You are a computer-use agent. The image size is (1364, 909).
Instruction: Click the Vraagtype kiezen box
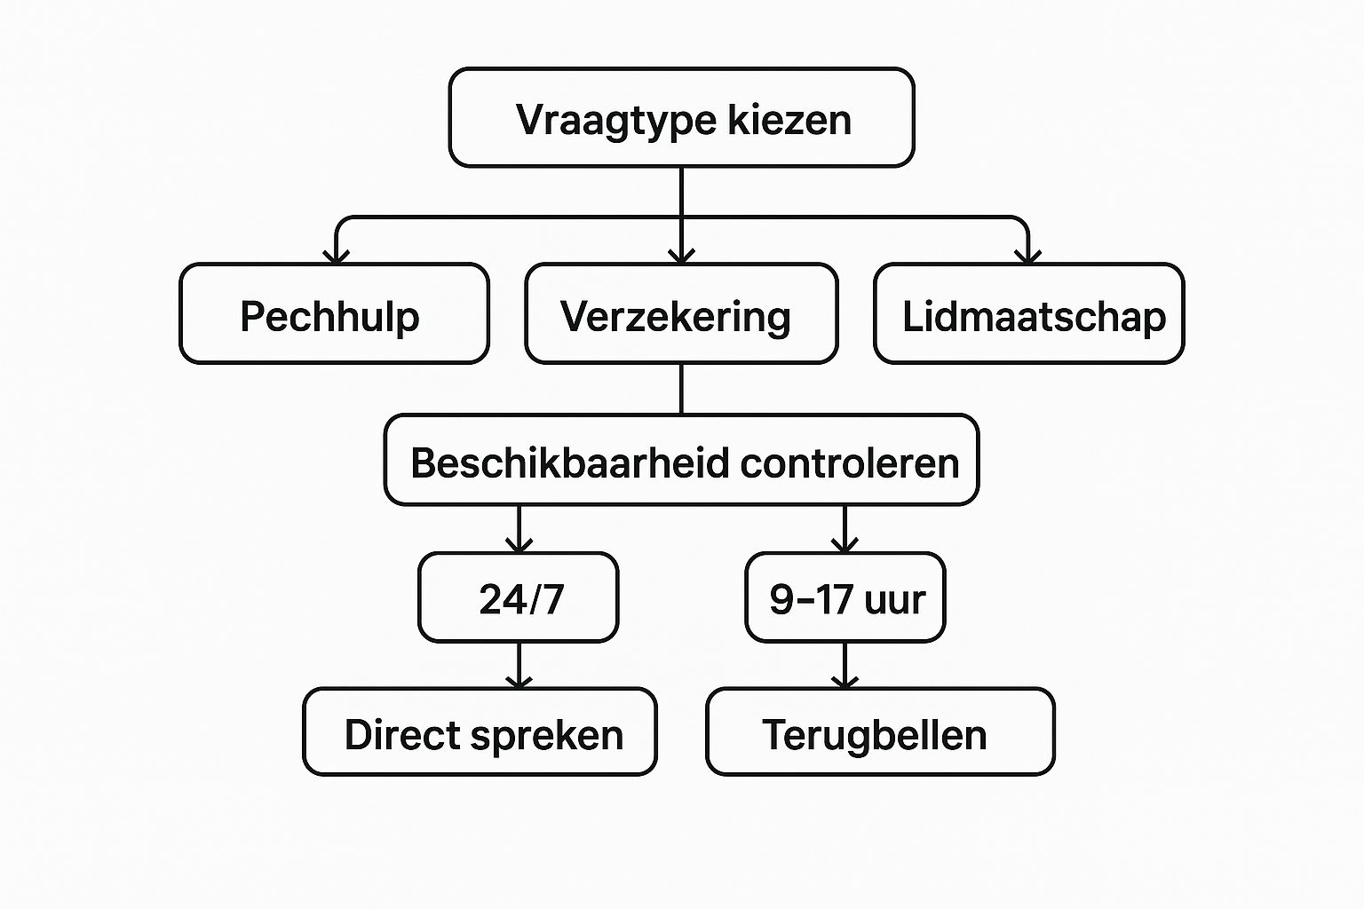pyautogui.click(x=681, y=118)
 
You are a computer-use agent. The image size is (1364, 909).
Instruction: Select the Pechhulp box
pyautogui.click(x=334, y=314)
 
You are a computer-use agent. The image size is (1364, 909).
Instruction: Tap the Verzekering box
pyautogui.click(x=681, y=314)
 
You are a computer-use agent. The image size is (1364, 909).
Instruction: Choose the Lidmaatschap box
pyautogui.click(x=1028, y=314)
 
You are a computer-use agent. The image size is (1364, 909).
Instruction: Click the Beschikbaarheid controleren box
pyautogui.click(x=681, y=461)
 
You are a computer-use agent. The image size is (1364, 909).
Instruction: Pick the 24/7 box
pyautogui.click(x=519, y=597)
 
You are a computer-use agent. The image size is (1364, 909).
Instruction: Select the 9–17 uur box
pyautogui.click(x=845, y=597)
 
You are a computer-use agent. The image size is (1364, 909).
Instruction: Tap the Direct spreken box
pyautogui.click(x=480, y=732)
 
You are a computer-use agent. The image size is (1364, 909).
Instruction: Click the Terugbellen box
pyautogui.click(x=879, y=732)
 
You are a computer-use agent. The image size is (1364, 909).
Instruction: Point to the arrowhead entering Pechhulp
pyautogui.click(x=336, y=256)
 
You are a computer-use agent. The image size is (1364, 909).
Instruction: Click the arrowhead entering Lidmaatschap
pyautogui.click(x=1027, y=256)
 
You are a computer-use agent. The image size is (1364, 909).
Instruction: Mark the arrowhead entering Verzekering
pyautogui.click(x=681, y=256)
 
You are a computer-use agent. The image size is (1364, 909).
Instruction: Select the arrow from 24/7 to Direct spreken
pyautogui.click(x=519, y=666)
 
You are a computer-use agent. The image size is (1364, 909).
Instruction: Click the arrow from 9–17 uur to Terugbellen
pyautogui.click(x=845, y=666)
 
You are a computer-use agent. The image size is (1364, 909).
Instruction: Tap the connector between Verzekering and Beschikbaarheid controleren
pyautogui.click(x=681, y=389)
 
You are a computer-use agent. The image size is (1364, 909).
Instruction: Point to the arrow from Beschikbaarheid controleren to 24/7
pyautogui.click(x=519, y=530)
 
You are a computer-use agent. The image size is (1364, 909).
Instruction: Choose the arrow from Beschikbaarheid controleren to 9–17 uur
pyautogui.click(x=845, y=530)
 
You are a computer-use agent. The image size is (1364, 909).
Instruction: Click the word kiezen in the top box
pyautogui.click(x=789, y=120)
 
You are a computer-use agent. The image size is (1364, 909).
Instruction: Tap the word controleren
pyautogui.click(x=850, y=463)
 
